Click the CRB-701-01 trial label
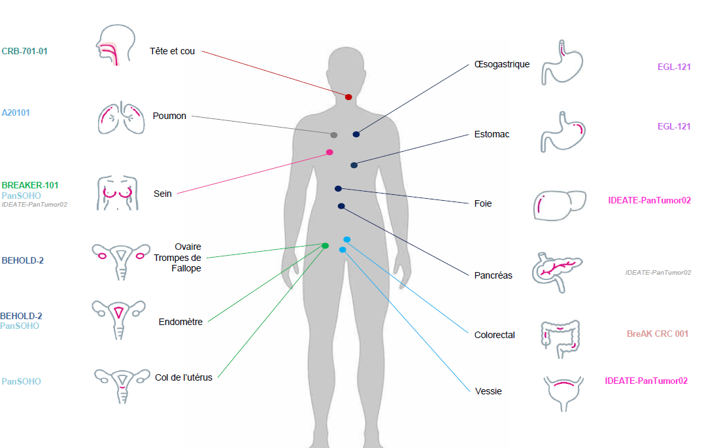click(24, 51)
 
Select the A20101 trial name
click(16, 112)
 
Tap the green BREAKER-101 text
click(30, 185)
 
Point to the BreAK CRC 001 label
click(658, 334)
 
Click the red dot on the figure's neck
click(348, 97)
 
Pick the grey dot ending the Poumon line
click(333, 135)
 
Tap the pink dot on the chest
click(329, 152)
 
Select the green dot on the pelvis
click(326, 246)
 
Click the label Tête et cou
click(173, 51)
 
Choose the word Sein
click(163, 194)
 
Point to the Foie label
click(483, 203)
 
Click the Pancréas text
click(494, 275)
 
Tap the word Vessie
click(488, 391)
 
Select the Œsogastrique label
click(502, 64)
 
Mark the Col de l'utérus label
click(184, 377)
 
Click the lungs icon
click(121, 118)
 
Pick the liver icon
click(560, 205)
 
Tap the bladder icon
click(564, 393)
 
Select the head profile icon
click(116, 45)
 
